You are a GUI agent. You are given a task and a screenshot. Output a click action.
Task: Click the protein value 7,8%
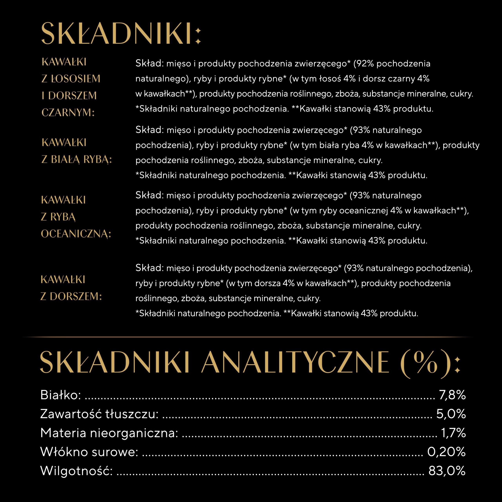tap(452, 395)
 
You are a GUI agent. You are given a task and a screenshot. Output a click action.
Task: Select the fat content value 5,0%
tap(451, 414)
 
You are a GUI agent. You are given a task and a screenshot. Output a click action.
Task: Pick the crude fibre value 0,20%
tap(446, 452)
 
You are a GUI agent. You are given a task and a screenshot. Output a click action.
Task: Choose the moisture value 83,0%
tap(447, 471)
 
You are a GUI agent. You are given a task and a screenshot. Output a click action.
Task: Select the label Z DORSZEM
tap(71, 296)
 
